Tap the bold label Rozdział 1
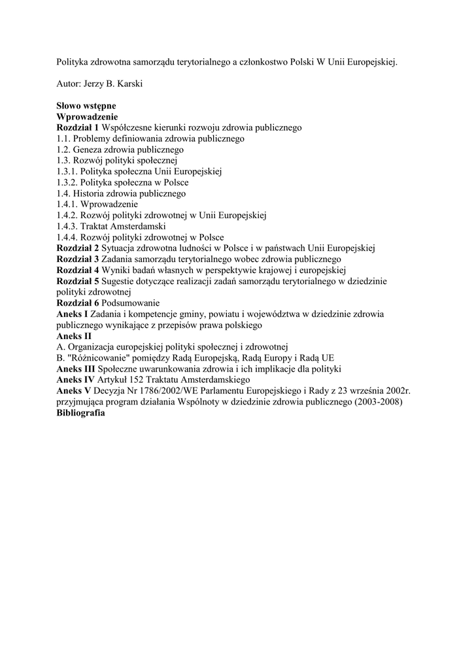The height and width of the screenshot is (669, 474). [x=77, y=127]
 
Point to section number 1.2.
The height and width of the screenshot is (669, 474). [x=63, y=150]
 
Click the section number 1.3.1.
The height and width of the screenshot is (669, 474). [x=67, y=172]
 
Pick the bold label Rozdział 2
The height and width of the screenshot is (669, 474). [x=77, y=248]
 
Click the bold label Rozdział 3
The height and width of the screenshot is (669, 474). [x=77, y=259]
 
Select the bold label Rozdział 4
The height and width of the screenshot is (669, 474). [x=77, y=270]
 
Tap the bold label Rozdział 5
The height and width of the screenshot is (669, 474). [x=77, y=281]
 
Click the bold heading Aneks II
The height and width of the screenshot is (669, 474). [x=74, y=336]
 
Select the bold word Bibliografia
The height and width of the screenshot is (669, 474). [x=80, y=413]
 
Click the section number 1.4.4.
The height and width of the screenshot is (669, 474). [x=67, y=237]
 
